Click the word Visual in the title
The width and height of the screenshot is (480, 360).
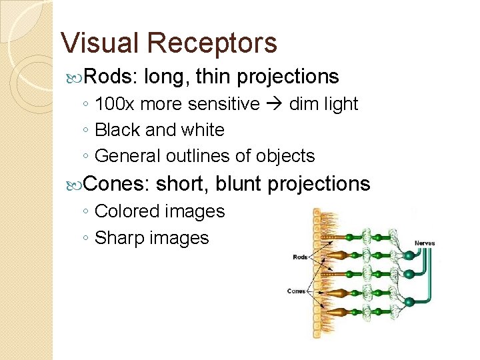pyautogui.click(x=100, y=43)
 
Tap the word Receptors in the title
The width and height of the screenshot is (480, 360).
pyautogui.click(x=211, y=43)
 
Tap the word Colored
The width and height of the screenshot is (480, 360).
pyautogui.click(x=123, y=211)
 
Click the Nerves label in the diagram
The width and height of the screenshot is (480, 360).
pyautogui.click(x=424, y=243)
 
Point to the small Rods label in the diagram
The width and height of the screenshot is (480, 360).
pyautogui.click(x=300, y=257)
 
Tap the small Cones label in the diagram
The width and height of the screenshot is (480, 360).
pyautogui.click(x=297, y=291)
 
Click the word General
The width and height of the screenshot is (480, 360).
pyautogui.click(x=122, y=156)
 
